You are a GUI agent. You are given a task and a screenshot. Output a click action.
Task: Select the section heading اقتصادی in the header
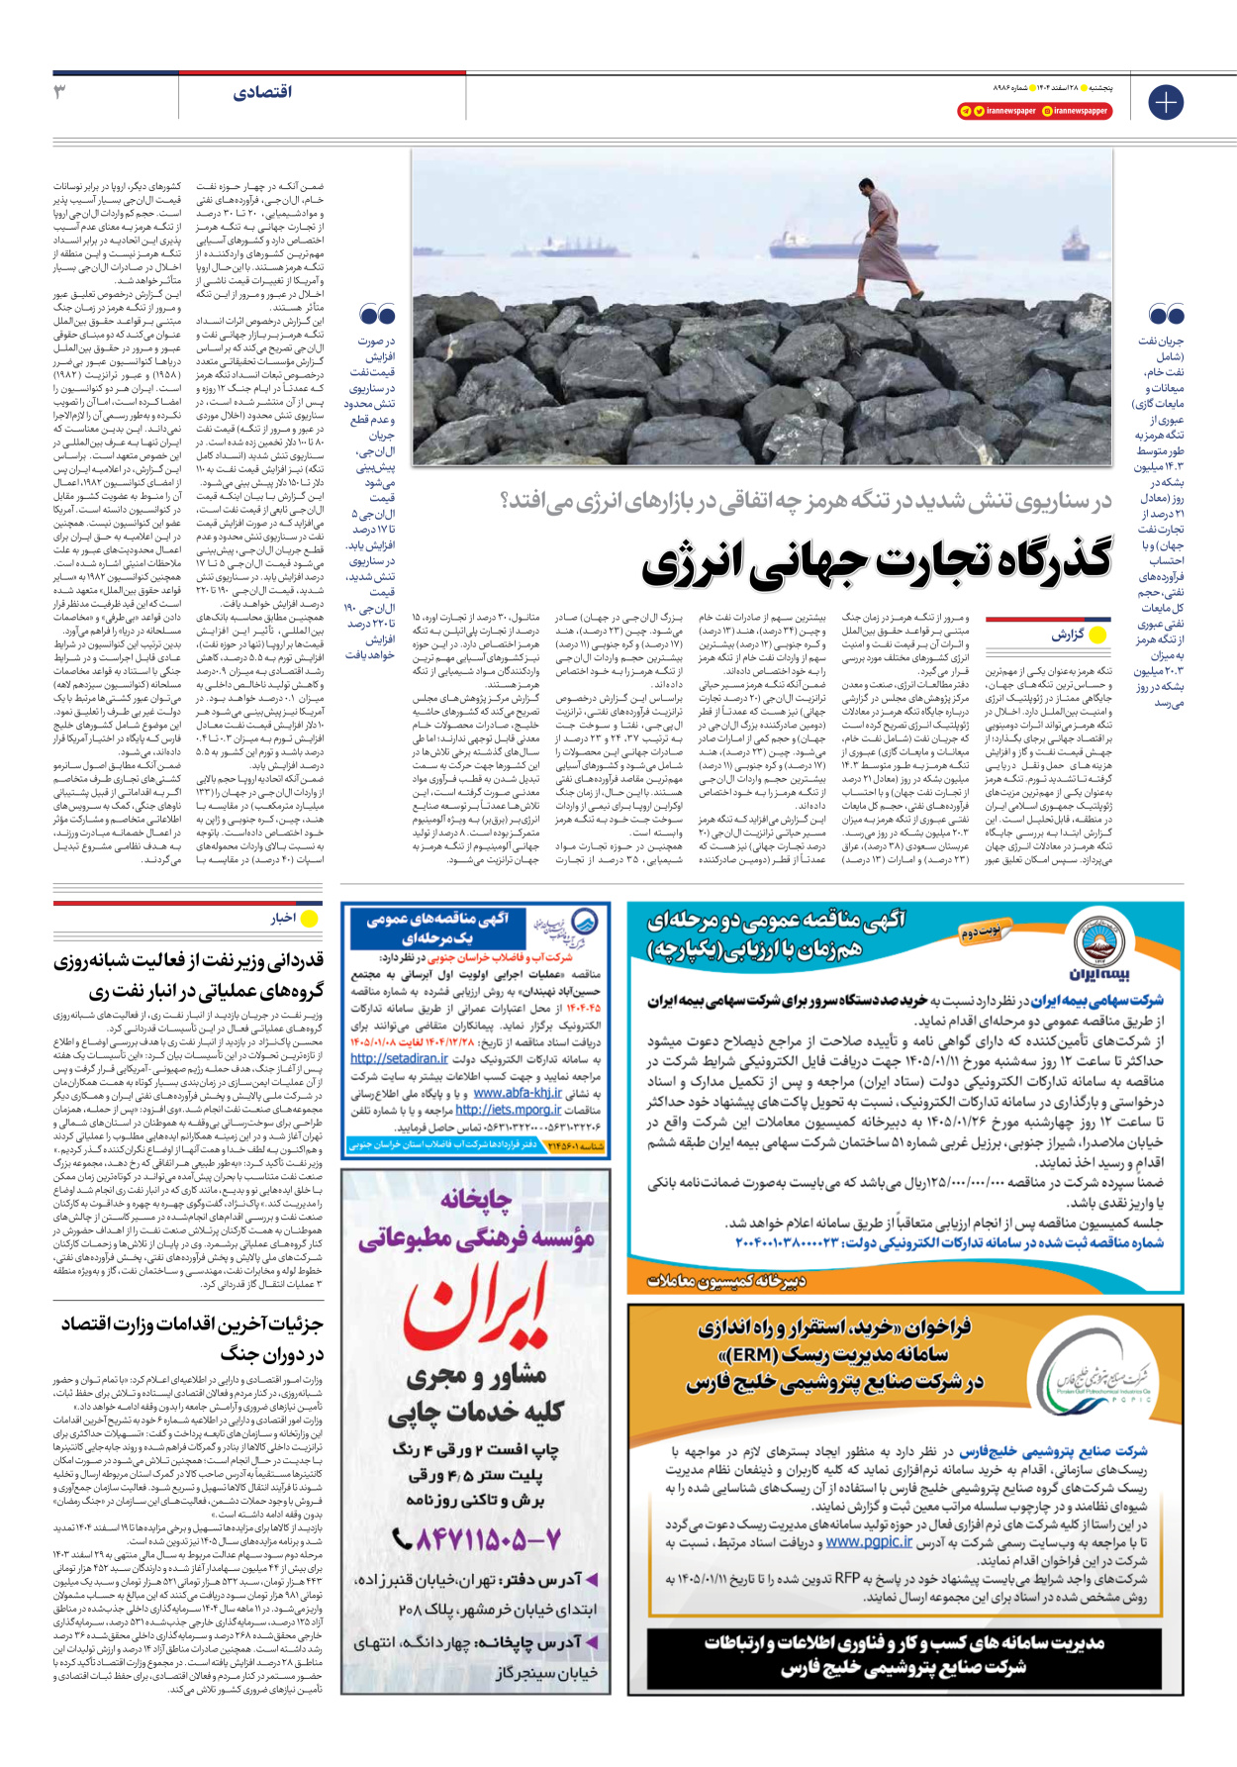point(262,92)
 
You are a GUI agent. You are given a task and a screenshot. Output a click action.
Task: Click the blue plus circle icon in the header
point(1166,102)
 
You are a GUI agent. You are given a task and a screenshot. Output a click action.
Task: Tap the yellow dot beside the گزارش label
point(1096,635)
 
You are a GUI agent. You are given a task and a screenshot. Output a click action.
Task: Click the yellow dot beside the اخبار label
point(310,919)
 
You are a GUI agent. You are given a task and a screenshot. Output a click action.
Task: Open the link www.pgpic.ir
point(869,1542)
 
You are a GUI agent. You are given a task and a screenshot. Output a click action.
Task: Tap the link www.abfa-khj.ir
point(517,1093)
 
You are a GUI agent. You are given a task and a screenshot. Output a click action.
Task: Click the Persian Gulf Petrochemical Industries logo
point(1098,1371)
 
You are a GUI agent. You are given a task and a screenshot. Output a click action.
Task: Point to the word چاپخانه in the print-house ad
point(476,1199)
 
